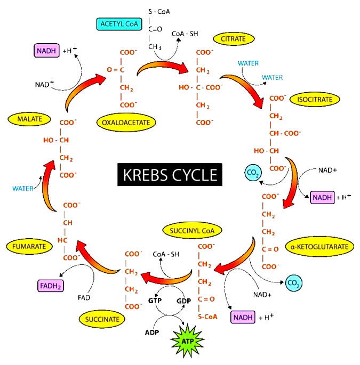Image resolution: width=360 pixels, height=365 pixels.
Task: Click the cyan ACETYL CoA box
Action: pyautogui.click(x=119, y=24)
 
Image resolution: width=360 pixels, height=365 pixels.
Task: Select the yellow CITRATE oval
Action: pyautogui.click(x=234, y=39)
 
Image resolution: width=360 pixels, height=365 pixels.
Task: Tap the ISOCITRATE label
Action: pyautogui.click(x=315, y=100)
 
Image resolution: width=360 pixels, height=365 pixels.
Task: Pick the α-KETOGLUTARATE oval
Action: pyautogui.click(x=319, y=247)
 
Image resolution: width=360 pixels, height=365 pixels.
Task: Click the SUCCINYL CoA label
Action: pyautogui.click(x=192, y=230)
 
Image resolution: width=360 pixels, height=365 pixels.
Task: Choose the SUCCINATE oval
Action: pyautogui.click(x=102, y=319)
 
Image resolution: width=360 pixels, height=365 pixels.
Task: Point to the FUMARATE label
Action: pyautogui.click(x=29, y=246)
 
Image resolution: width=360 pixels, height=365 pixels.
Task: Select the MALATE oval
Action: pyautogui.click(x=29, y=119)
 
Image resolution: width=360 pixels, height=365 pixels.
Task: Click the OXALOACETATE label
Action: pyautogui.click(x=126, y=123)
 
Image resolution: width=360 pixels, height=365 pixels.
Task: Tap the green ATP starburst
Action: pyautogui.click(x=187, y=341)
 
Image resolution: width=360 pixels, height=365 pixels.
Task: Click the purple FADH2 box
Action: pyautogui.click(x=51, y=286)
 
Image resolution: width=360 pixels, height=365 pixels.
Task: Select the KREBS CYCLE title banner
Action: pyautogui.click(x=170, y=175)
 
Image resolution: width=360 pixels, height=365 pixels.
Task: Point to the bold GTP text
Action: pyautogui.click(x=155, y=301)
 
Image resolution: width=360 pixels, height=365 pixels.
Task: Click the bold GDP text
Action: pyautogui.click(x=183, y=301)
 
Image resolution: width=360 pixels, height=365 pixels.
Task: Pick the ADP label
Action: pyautogui.click(x=152, y=332)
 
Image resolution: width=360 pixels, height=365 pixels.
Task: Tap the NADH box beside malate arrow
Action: pyautogui.click(x=46, y=51)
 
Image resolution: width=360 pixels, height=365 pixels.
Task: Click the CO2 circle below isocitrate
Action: pyautogui.click(x=253, y=173)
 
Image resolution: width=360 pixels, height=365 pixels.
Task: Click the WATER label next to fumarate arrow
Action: pyautogui.click(x=22, y=188)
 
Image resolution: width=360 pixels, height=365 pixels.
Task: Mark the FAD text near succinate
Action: pyautogui.click(x=84, y=297)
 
